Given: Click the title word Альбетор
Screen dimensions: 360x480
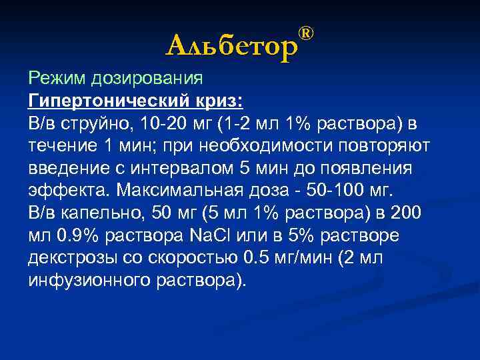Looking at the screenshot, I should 230,45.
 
